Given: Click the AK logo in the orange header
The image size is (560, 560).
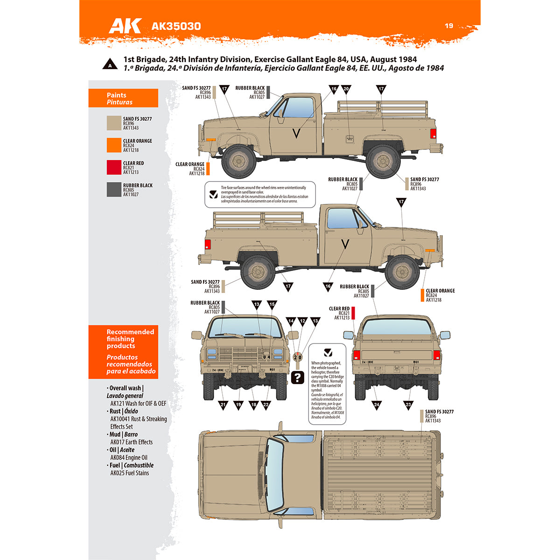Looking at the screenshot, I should [125, 26].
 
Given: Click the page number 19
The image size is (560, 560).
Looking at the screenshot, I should [449, 26].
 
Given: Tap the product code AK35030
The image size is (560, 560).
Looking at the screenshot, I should [176, 26].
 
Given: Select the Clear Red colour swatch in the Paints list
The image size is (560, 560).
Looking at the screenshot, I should [114, 168].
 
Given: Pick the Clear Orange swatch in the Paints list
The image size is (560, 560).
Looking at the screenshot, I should [114, 145].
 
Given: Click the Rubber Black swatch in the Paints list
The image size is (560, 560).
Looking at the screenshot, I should [114, 189].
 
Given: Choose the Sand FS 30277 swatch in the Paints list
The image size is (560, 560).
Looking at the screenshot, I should [114, 123].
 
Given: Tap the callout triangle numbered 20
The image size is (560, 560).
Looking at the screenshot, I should [346, 89].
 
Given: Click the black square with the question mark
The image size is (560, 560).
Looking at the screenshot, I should [297, 377].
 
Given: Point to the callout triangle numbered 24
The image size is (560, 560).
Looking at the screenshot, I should [377, 405].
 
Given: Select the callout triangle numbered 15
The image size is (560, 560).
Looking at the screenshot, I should [272, 304].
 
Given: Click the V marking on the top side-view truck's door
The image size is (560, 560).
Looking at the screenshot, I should [296, 134].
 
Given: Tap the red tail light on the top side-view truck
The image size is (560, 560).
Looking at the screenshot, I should [433, 133].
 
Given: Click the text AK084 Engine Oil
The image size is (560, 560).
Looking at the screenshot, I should [129, 457].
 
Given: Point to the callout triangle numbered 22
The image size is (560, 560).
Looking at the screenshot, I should [266, 405].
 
